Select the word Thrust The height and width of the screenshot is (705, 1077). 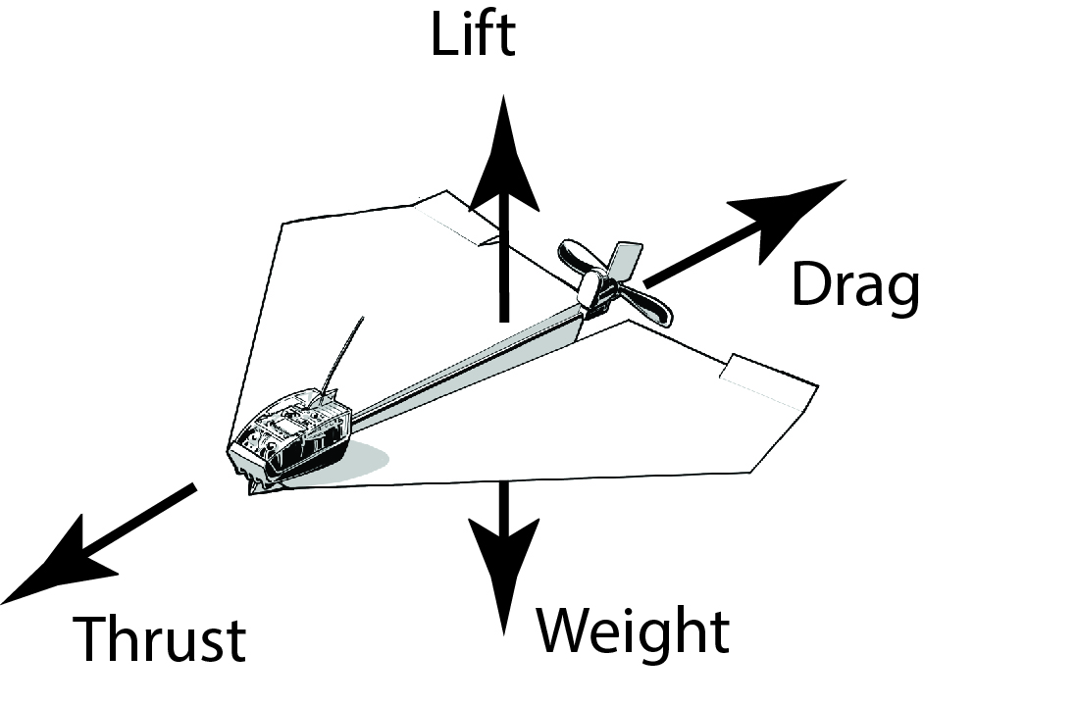coord(161,639)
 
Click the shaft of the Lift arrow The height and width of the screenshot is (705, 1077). coord(503,265)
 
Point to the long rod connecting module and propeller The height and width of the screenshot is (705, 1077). coord(461,369)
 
